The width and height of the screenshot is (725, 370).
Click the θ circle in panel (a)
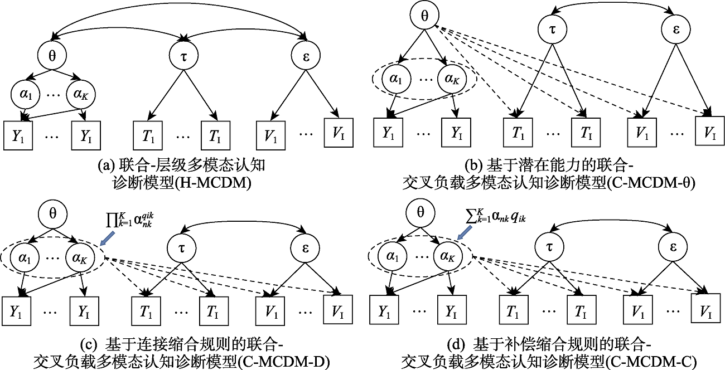(x=53, y=55)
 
